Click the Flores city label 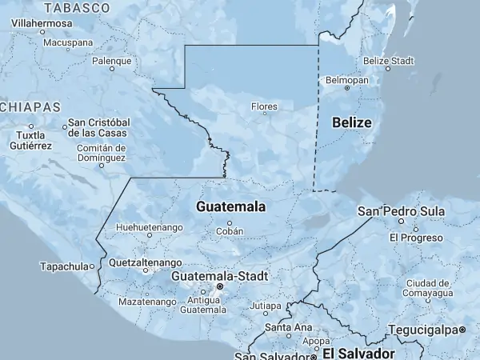tap(264, 106)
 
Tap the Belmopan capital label tap(346, 81)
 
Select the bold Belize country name tap(352, 122)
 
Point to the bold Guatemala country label tap(230, 206)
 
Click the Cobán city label tap(229, 231)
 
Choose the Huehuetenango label tap(149, 228)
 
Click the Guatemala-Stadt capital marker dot tap(221, 286)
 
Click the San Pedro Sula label tap(400, 211)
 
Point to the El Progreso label tap(416, 238)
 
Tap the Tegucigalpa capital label tap(424, 330)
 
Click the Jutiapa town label tap(266, 306)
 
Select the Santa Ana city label tap(288, 327)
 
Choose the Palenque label tap(112, 61)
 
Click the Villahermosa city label tap(40, 24)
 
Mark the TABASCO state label tap(77, 8)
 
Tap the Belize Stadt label tap(388, 61)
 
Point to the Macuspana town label tap(68, 42)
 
